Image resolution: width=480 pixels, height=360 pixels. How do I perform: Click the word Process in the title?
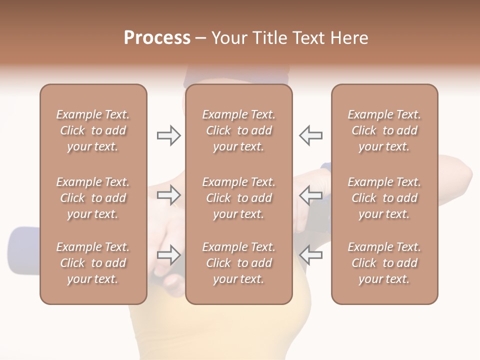[x=157, y=38]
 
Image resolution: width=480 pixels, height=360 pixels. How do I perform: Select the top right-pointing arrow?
[x=168, y=135]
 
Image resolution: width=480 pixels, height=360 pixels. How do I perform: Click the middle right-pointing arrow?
[x=168, y=195]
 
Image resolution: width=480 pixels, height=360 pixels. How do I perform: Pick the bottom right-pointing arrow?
[x=168, y=255]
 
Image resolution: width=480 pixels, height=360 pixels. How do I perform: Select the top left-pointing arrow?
[x=310, y=135]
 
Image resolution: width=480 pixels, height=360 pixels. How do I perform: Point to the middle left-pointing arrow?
[x=310, y=195]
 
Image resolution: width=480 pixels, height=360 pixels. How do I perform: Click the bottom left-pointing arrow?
[x=310, y=255]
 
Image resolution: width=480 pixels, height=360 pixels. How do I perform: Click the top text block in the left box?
[x=93, y=130]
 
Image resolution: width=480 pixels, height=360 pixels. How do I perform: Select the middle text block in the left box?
[x=93, y=198]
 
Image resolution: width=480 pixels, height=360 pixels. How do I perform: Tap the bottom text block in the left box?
[x=93, y=263]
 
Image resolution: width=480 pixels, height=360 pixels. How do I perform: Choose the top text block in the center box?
[x=239, y=130]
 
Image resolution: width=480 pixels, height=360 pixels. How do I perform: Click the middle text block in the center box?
[x=239, y=198]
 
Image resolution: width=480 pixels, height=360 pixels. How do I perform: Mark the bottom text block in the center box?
[x=239, y=263]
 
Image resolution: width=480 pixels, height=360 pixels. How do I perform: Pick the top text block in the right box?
[x=384, y=130]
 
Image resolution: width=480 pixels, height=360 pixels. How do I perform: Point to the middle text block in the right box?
[x=384, y=198]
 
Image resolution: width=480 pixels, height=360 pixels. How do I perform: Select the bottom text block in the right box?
[x=384, y=263]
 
